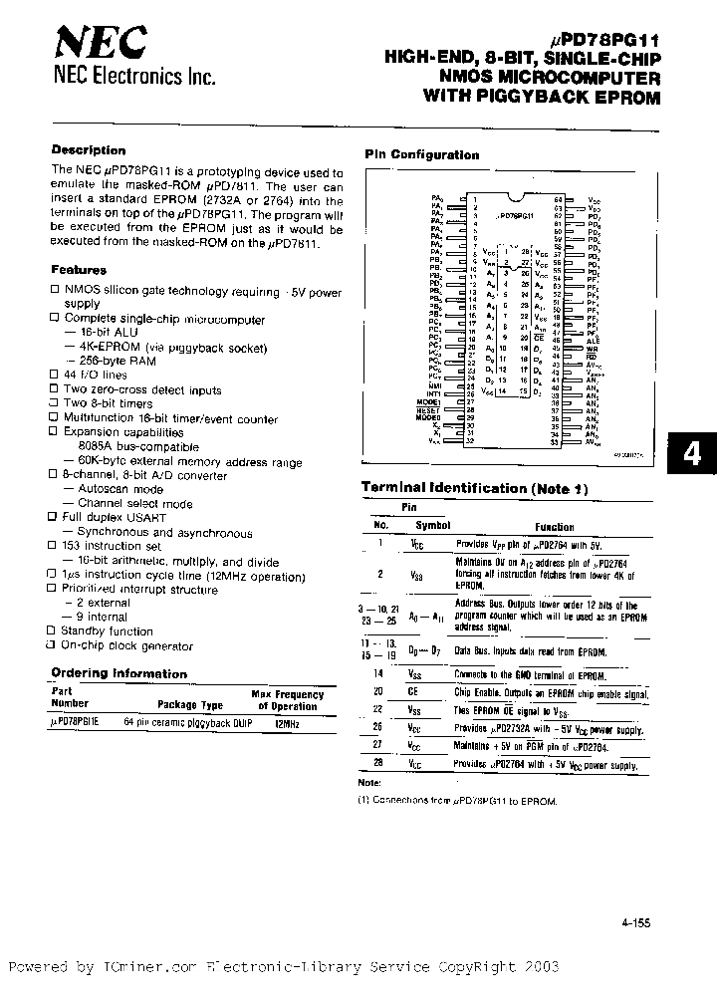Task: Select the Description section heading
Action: coord(89,150)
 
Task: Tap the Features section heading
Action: coord(79,270)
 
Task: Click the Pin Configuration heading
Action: coord(421,154)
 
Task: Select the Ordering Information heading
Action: coord(119,673)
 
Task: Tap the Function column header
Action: coord(554,527)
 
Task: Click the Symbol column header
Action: coord(432,525)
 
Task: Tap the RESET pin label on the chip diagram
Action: coord(429,408)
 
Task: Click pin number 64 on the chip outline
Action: coord(559,199)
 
